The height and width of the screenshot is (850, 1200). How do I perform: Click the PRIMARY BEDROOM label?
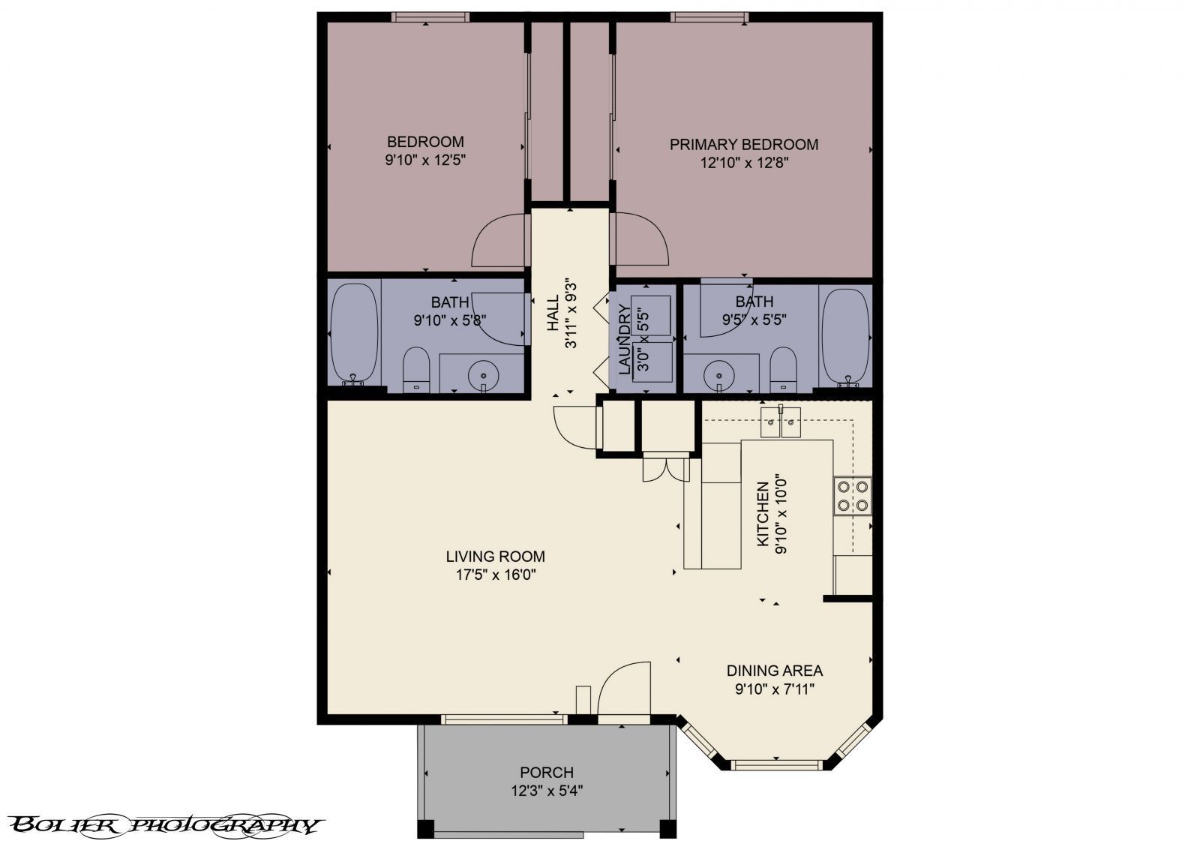743,144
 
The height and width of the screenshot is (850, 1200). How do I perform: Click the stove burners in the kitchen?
853,496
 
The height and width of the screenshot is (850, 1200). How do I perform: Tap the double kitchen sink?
781,424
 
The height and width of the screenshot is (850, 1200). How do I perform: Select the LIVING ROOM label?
495,557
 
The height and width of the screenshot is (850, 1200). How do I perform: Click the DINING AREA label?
774,671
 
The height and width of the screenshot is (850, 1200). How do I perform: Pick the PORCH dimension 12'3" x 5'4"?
547,790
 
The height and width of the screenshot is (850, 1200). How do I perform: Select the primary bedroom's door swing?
641,239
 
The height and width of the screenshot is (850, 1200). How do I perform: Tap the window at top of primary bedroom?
708,17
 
